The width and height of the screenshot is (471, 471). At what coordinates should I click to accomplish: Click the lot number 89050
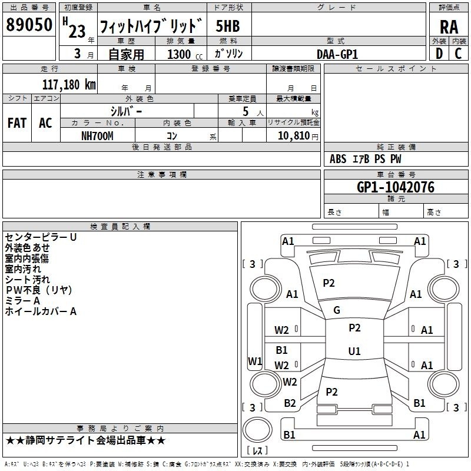(x=29, y=25)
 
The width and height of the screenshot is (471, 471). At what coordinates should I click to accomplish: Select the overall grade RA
(x=449, y=26)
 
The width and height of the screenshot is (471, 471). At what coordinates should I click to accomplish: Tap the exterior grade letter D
(x=439, y=53)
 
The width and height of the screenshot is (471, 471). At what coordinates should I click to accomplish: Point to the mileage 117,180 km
(x=69, y=84)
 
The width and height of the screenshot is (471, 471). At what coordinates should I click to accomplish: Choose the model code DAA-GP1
(x=337, y=54)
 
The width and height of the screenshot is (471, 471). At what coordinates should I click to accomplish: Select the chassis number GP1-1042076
(x=396, y=187)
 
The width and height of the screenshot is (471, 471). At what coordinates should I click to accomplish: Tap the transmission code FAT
(x=16, y=122)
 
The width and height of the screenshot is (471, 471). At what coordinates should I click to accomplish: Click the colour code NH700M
(x=97, y=136)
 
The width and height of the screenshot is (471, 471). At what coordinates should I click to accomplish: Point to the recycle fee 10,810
(x=293, y=136)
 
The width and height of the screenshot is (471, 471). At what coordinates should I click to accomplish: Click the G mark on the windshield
(x=337, y=310)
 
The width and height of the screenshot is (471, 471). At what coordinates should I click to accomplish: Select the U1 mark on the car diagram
(x=354, y=351)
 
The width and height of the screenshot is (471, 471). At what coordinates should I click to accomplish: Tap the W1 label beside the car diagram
(x=255, y=361)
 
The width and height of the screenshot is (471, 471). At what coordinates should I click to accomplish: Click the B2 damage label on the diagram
(x=290, y=403)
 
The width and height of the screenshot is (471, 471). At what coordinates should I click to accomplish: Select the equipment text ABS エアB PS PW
(x=366, y=159)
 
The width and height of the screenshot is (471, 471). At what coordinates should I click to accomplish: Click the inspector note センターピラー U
(x=41, y=237)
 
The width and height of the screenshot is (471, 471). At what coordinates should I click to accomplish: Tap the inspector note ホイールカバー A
(x=41, y=311)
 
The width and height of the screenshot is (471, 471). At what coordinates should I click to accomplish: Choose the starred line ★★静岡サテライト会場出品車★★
(x=86, y=440)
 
